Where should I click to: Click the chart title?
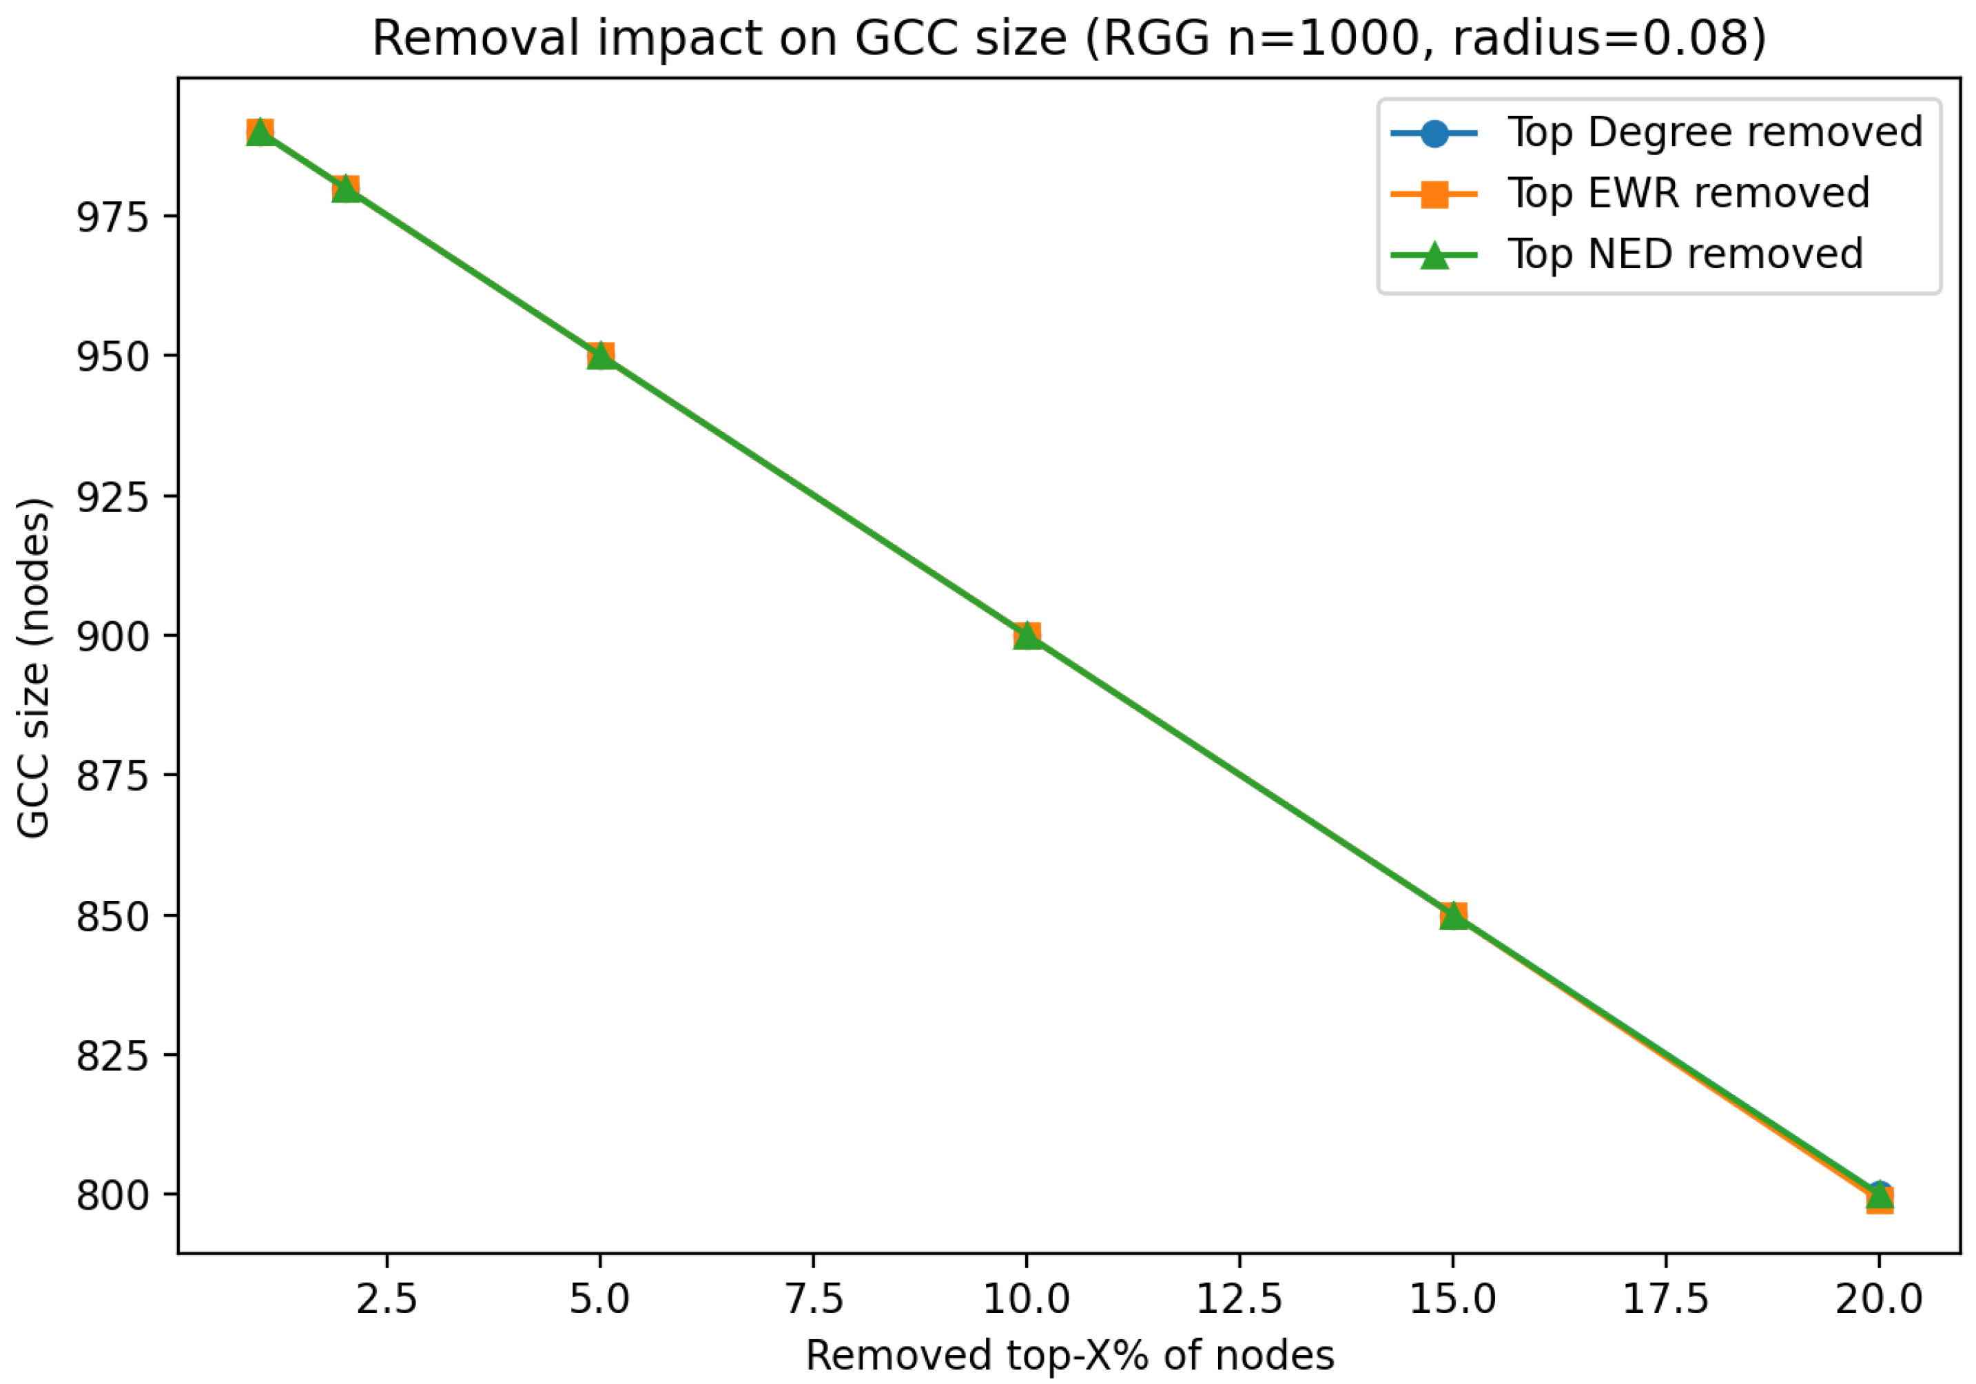[x=1069, y=39]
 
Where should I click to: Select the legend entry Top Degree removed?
[x=1714, y=132]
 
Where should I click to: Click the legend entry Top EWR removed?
[x=1688, y=193]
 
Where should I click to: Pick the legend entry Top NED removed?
[x=1685, y=254]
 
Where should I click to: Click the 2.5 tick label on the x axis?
[x=387, y=1299]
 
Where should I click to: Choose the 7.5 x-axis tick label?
[x=813, y=1299]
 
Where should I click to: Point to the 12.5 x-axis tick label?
[x=1239, y=1299]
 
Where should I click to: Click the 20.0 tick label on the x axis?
[x=1879, y=1299]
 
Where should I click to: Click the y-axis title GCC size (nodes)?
[x=34, y=667]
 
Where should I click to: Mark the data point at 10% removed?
[x=1026, y=636]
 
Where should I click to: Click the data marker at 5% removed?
[x=600, y=356]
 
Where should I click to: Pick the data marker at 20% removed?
[x=1879, y=1196]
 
